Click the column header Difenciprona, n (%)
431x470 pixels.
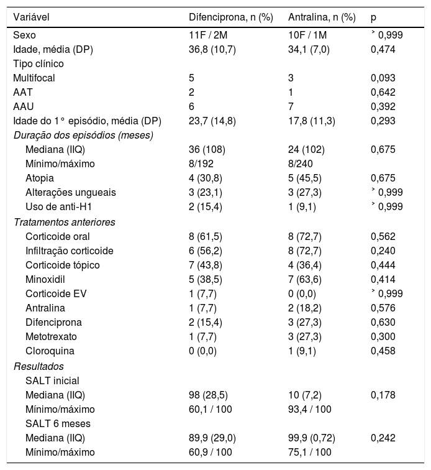230,17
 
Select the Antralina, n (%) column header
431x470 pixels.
322,17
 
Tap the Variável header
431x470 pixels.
31,17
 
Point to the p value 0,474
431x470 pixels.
383,49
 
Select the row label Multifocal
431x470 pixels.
33,78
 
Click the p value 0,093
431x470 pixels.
383,78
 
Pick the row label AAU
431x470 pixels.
22,106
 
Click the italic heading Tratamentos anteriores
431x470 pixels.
65,222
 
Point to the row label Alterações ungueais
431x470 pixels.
70,193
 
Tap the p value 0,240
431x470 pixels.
383,251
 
